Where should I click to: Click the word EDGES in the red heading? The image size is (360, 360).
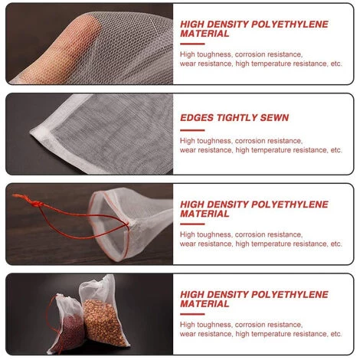tap(198, 118)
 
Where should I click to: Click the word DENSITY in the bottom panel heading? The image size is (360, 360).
tap(228, 294)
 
